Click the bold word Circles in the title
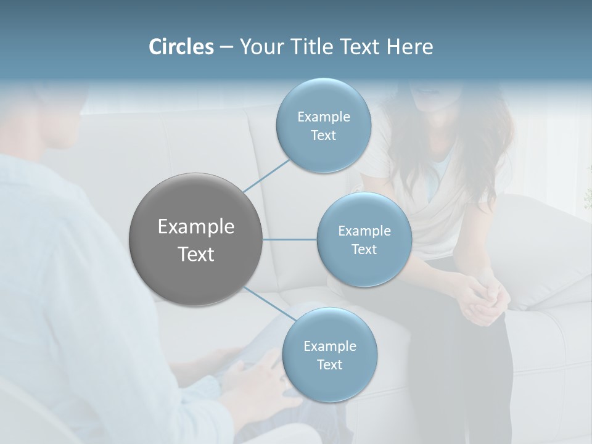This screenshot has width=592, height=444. pyautogui.click(x=181, y=47)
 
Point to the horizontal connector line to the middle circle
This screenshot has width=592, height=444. pyautogui.click(x=289, y=239)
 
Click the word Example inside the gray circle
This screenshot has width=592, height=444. pyautogui.click(x=195, y=227)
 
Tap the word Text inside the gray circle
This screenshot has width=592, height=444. pyautogui.click(x=195, y=254)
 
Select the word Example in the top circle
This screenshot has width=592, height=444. pyautogui.click(x=324, y=117)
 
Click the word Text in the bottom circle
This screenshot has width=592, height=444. pyautogui.click(x=329, y=365)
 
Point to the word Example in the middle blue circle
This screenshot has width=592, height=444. pyautogui.click(x=364, y=231)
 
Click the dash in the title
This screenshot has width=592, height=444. pyautogui.click(x=226, y=47)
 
